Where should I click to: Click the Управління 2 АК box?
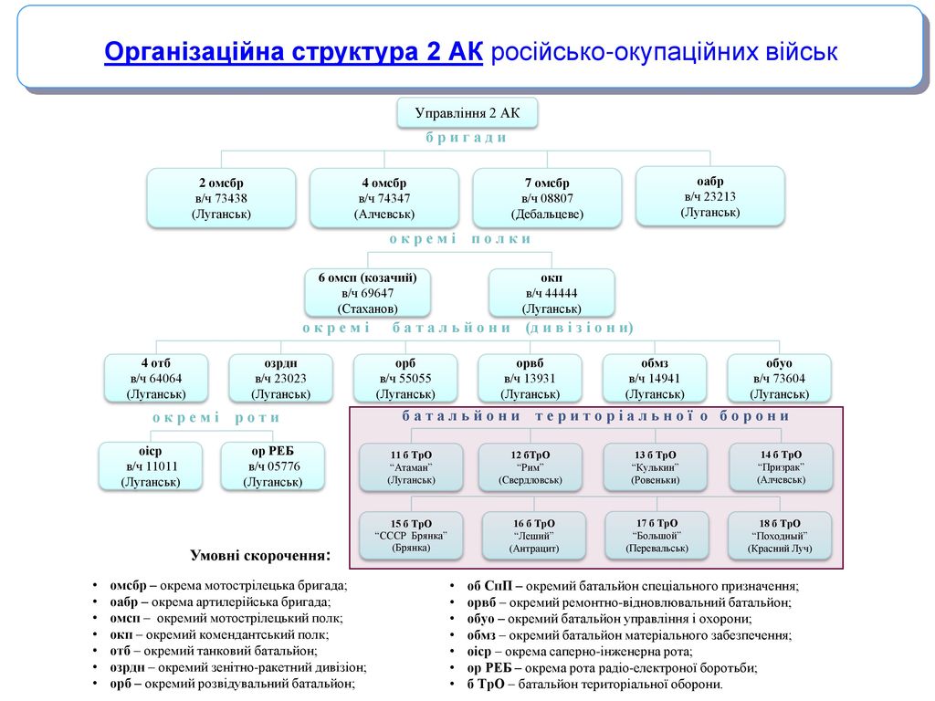(467, 113)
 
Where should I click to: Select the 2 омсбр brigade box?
(221, 198)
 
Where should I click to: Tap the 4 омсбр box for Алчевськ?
(384, 198)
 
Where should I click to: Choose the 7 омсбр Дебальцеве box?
(547, 198)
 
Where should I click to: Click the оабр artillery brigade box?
(709, 195)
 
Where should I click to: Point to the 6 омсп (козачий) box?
(367, 293)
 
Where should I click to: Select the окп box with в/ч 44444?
(552, 293)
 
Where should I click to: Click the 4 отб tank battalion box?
(156, 378)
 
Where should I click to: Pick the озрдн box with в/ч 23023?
(280, 378)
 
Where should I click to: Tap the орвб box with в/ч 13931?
(530, 378)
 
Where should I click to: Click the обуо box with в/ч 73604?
(779, 378)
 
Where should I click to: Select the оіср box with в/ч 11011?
(151, 466)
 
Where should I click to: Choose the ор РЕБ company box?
(273, 466)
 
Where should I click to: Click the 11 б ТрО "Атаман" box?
(411, 466)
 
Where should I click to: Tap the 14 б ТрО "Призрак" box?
(781, 466)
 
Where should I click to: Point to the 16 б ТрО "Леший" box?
(534, 536)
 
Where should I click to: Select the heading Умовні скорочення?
(259, 555)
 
